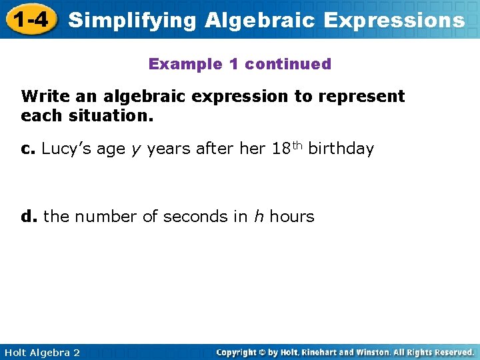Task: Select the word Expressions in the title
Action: pyautogui.click(x=394, y=20)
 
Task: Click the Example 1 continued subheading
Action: pyautogui.click(x=239, y=64)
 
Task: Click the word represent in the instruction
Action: pyautogui.click(x=361, y=97)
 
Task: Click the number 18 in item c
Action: pyautogui.click(x=281, y=149)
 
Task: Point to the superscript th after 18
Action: pyautogui.click(x=297, y=145)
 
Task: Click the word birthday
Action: pyautogui.click(x=341, y=149)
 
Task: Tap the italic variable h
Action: pyautogui.click(x=257, y=216)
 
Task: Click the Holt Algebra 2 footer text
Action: pyautogui.click(x=41, y=352)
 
